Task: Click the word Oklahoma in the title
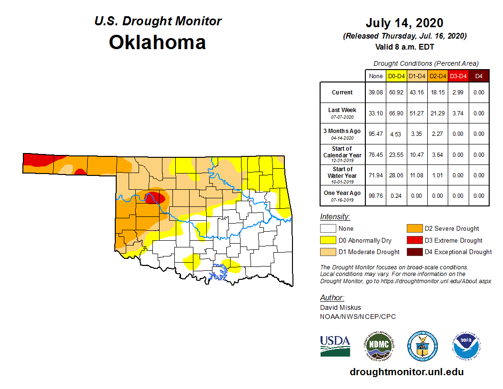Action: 157,42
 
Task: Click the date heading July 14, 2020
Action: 404,23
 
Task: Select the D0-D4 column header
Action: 396,76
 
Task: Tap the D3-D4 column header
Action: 458,76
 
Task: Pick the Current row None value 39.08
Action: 375,92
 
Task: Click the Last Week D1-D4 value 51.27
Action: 417,113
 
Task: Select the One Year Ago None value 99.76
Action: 375,195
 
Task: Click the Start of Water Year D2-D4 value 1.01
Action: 437,175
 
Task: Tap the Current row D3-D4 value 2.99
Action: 458,92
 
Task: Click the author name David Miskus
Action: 340,307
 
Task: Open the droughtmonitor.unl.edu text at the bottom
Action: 406,372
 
